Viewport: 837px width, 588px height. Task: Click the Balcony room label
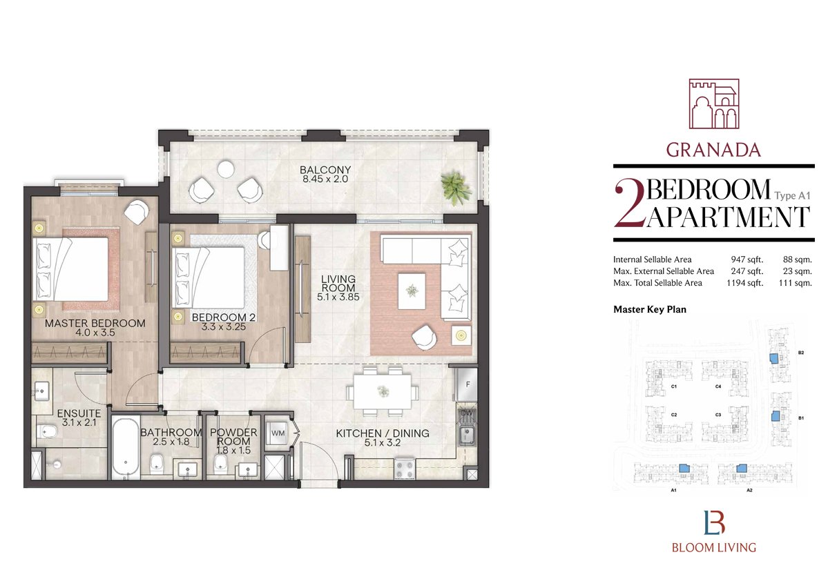[325, 170]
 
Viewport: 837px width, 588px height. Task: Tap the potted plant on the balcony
[456, 188]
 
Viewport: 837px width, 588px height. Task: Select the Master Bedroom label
[95, 323]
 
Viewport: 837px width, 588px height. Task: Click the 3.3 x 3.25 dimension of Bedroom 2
[224, 327]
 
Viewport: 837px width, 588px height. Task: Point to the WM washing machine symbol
[278, 433]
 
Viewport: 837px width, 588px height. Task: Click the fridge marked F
[467, 384]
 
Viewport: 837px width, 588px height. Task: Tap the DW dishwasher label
[467, 413]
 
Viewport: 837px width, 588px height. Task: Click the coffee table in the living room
[412, 291]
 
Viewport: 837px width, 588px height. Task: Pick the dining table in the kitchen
[383, 392]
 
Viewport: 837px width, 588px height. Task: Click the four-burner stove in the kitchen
[405, 469]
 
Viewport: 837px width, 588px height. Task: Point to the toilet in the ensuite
[47, 431]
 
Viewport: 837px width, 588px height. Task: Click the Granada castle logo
[714, 104]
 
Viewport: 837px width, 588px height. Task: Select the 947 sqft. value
[747, 259]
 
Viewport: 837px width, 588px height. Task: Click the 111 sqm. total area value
[795, 283]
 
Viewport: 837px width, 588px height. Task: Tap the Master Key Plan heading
[650, 309]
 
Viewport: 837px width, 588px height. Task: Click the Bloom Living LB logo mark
[714, 522]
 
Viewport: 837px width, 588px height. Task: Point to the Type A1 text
[792, 195]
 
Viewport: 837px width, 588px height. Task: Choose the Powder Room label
[233, 437]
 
